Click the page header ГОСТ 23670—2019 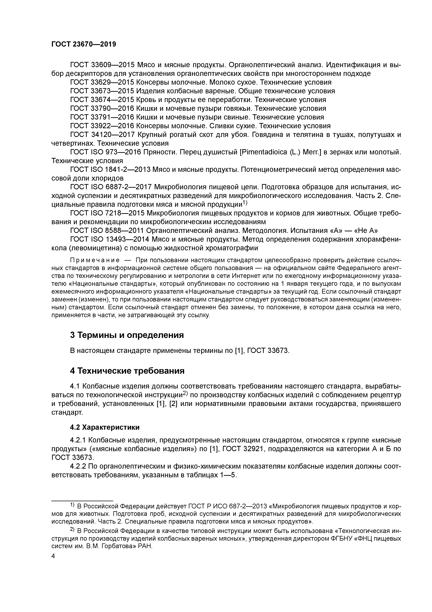click(x=84, y=44)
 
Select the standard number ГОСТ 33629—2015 click(x=102, y=82)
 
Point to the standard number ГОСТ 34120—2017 click(x=102, y=135)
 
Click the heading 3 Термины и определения click(x=127, y=335)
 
